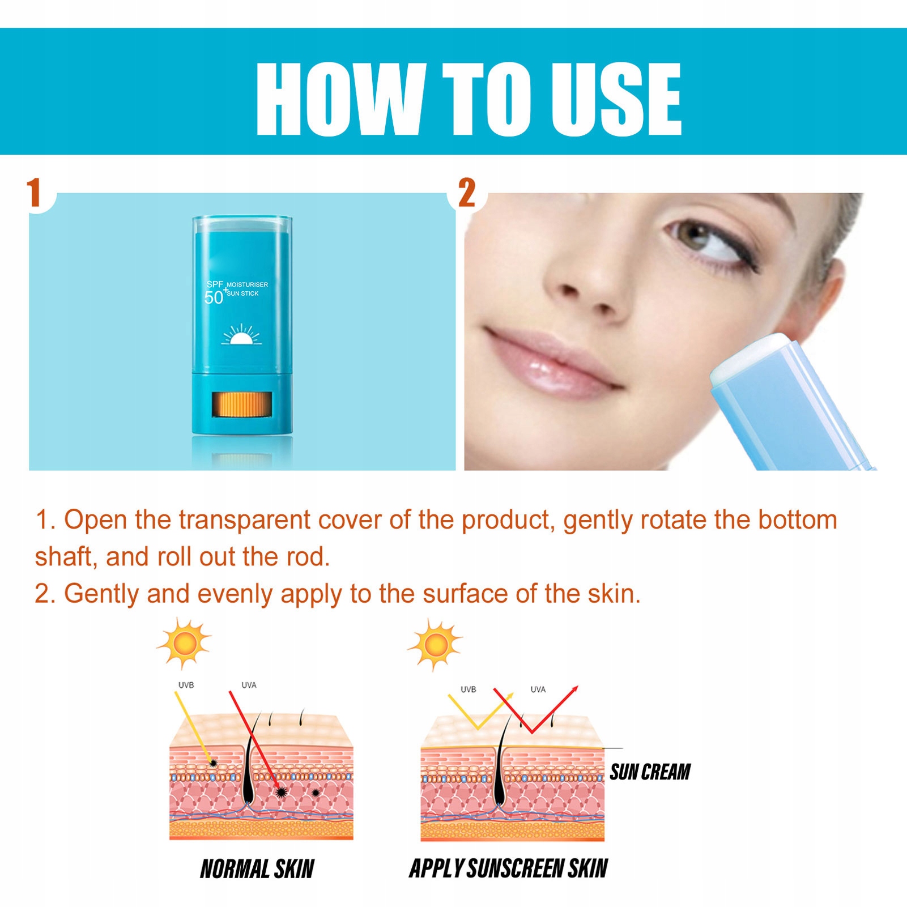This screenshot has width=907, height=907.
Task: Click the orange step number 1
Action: [34, 193]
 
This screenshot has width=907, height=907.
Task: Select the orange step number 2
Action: [467, 193]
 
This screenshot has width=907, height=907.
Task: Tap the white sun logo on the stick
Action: [241, 335]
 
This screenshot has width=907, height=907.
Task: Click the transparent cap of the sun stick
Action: [242, 223]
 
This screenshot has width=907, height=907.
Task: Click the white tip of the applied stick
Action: [748, 357]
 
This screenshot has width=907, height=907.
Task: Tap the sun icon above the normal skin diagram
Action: [184, 644]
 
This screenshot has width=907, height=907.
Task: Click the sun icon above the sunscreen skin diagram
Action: [435, 645]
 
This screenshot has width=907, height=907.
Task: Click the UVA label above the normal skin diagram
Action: [249, 685]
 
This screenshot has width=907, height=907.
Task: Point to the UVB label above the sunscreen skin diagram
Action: [468, 689]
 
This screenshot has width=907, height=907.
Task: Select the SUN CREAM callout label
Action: [650, 772]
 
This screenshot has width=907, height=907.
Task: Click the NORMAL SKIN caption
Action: [257, 869]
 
